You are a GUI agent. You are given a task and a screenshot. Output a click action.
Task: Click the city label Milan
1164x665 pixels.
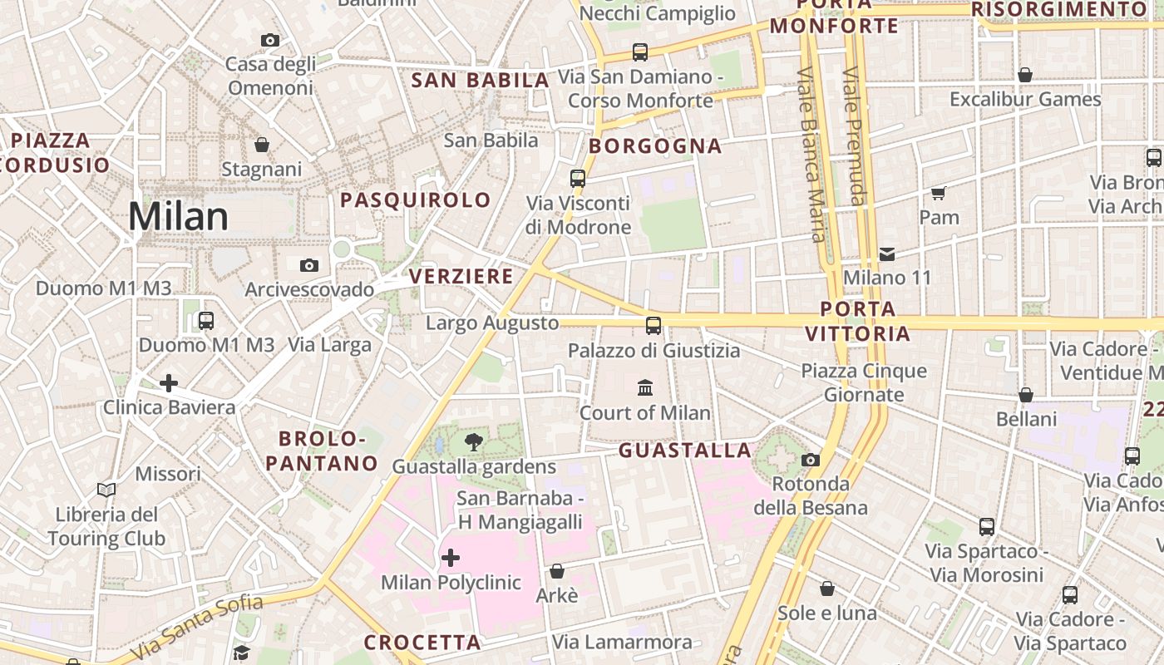178,216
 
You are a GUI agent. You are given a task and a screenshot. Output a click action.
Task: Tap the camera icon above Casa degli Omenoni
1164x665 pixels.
269,40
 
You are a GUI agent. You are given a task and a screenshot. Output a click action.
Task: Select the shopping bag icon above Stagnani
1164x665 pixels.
262,145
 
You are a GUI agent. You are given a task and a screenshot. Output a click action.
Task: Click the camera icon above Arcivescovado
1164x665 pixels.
309,265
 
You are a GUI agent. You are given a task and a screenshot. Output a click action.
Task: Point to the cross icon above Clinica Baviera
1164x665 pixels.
169,383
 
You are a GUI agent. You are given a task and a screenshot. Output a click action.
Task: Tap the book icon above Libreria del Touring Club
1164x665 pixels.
106,490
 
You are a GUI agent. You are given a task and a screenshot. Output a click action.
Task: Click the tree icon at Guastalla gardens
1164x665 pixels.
474,441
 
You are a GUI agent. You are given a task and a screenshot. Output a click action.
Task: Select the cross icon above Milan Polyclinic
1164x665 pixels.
451,557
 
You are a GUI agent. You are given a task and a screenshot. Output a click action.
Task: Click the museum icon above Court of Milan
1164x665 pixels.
645,387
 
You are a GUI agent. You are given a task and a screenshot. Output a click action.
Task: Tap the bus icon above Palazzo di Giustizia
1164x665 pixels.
654,325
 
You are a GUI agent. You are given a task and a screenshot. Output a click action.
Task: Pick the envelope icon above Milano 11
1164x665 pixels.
887,254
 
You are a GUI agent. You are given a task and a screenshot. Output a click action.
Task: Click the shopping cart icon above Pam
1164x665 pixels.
939,194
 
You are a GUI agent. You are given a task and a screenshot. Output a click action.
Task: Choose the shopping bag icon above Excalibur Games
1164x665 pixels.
1025,75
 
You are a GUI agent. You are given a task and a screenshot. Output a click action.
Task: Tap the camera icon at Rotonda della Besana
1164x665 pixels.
811,460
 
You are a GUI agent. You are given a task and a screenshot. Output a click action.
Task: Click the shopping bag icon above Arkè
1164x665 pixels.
557,571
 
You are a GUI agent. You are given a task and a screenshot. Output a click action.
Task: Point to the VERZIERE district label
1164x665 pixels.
461,277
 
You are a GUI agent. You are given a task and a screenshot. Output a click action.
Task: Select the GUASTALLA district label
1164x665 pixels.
685,451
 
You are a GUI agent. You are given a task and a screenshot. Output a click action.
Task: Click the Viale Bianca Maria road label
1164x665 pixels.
811,154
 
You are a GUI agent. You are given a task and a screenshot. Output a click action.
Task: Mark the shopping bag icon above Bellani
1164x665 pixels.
1026,395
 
